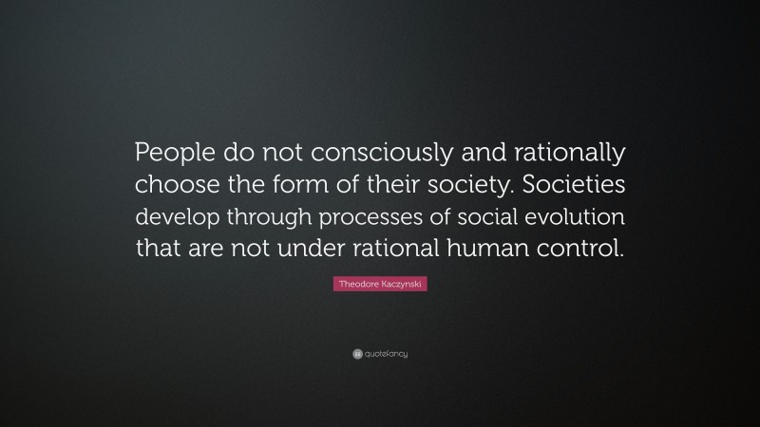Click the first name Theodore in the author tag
pos(358,285)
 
